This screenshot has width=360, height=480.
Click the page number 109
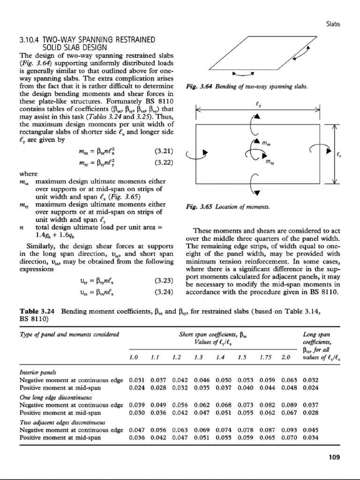point(333,457)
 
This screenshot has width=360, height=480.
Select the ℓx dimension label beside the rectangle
point(339,153)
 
